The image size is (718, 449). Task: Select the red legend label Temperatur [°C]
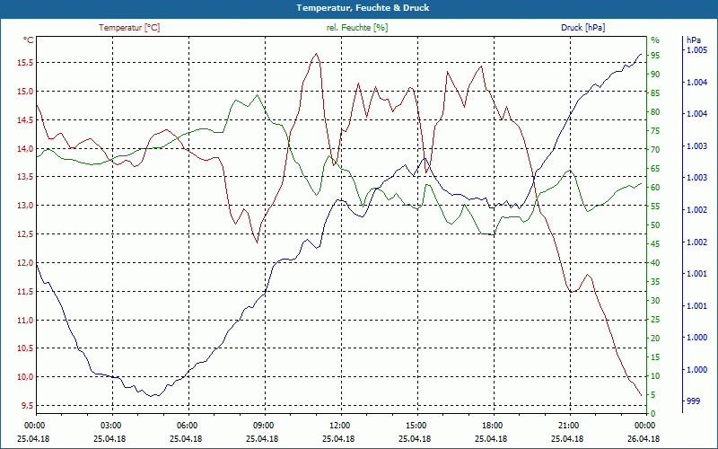click(x=129, y=28)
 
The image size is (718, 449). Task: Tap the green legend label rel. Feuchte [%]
click(x=357, y=28)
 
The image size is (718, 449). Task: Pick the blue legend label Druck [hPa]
click(x=583, y=28)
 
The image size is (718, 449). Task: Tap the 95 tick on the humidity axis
click(x=656, y=55)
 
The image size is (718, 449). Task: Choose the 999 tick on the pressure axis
click(x=693, y=401)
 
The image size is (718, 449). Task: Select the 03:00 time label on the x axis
click(x=110, y=424)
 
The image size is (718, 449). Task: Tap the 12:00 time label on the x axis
click(x=339, y=424)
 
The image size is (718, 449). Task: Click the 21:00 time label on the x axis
click(x=568, y=424)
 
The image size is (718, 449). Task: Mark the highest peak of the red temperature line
click(x=316, y=54)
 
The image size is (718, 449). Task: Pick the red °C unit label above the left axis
click(x=29, y=40)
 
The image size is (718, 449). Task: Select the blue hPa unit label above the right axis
click(x=693, y=40)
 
